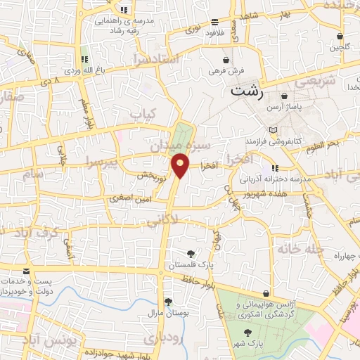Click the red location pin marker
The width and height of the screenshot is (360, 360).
point(181,165)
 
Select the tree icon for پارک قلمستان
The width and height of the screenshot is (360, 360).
point(190,253)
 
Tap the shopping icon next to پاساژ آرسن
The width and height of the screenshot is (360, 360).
point(285,96)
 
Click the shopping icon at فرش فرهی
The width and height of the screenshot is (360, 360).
point(225,60)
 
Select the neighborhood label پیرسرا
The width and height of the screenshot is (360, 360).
point(101,162)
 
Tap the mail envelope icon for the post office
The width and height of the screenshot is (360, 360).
point(26,271)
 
